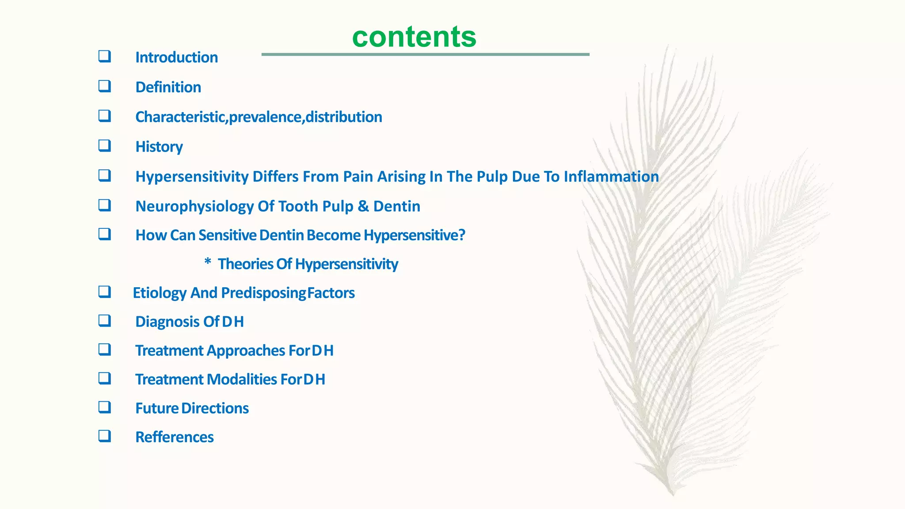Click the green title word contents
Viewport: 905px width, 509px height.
tap(414, 37)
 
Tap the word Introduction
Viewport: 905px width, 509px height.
tap(176, 57)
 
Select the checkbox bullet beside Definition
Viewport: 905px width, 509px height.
tap(105, 86)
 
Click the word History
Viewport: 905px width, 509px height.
tap(159, 147)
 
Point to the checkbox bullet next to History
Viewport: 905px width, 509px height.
tap(105, 145)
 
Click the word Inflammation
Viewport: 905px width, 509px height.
tap(611, 177)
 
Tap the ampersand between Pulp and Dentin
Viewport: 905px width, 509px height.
tap(363, 206)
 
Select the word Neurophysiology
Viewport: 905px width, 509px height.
tap(194, 206)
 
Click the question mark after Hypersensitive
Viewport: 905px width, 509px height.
tap(462, 235)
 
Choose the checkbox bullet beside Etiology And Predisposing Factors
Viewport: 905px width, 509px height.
tap(105, 292)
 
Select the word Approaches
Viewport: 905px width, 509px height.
tap(245, 351)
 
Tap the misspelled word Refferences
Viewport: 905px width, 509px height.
tap(175, 437)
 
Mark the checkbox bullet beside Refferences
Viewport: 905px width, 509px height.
tap(105, 436)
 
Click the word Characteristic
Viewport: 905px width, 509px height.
tap(180, 117)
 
